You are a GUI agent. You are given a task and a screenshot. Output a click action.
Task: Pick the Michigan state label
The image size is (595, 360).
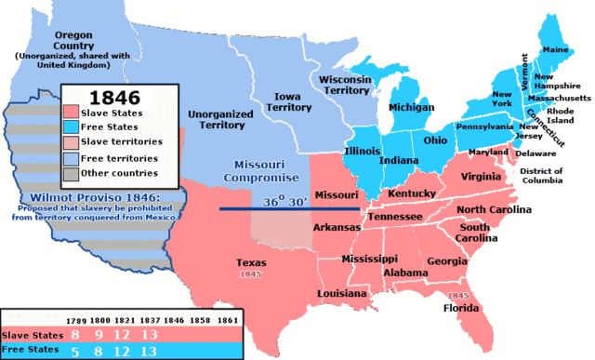point(411,108)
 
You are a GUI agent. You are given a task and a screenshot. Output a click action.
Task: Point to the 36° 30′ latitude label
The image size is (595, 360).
point(285,201)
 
